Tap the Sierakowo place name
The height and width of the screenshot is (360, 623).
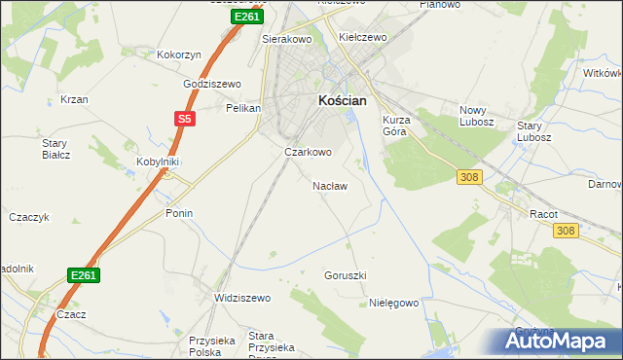pos(285,40)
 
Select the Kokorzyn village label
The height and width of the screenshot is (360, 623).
pos(179,55)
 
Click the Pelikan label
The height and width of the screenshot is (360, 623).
pos(242,108)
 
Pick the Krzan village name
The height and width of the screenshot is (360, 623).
pos(74,99)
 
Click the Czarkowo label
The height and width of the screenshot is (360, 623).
pos(308,152)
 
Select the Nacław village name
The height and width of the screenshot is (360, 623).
pos(329,185)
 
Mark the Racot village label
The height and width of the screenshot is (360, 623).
pos(542,213)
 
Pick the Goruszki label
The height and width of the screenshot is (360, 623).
pos(345,275)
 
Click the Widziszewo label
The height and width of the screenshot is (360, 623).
pos(242,298)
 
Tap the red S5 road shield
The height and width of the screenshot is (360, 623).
pos(185,119)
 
